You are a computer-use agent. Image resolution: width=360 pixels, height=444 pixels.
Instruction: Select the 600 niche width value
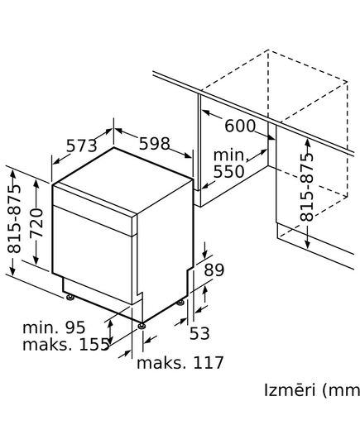pos(240,127)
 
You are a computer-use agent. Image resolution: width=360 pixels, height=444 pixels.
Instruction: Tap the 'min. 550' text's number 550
pos(229,172)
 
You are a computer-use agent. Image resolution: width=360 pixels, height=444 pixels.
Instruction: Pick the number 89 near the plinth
pos(214,270)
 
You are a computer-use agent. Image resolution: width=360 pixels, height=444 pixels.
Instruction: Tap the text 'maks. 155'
pos(66,345)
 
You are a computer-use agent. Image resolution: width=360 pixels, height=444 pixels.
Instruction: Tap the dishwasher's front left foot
pos(70,295)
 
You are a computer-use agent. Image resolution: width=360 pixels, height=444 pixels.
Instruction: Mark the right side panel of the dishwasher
pos(165,244)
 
